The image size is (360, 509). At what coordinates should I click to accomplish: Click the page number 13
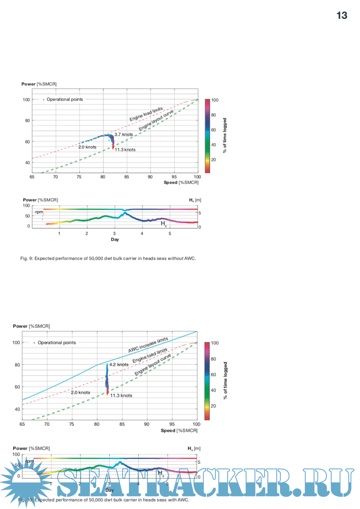point(342,15)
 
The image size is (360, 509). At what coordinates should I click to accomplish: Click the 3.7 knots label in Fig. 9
point(123,135)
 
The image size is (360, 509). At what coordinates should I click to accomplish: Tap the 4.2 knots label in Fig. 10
point(119,365)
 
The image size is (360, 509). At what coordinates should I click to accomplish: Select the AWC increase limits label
point(148,345)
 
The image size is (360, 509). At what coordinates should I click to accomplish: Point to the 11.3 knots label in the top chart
point(125,150)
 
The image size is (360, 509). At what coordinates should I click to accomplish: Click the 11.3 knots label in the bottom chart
point(121,396)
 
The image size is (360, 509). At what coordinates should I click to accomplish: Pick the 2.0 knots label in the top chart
point(87,147)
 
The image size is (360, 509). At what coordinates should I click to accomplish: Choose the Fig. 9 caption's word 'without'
point(175,259)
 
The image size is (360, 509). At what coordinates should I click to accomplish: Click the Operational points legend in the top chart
point(64,99)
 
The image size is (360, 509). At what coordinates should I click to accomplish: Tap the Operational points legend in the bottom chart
point(56,343)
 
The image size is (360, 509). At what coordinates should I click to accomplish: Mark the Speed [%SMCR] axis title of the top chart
point(181,183)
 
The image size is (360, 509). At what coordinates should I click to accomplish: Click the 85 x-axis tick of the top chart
point(127,177)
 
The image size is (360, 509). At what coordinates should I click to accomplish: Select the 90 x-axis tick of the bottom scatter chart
point(147,424)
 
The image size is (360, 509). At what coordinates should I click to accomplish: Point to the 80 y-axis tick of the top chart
point(28,121)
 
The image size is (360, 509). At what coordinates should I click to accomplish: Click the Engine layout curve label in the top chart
point(156,120)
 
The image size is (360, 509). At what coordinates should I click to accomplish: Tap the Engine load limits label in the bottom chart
point(150,355)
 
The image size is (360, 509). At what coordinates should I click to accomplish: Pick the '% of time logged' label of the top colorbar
point(225,136)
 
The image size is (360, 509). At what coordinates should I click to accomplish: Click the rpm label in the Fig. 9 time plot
point(39,212)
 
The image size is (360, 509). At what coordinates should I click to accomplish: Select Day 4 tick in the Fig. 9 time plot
point(142,234)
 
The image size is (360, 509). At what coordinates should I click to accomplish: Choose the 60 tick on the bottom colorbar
point(214,375)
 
